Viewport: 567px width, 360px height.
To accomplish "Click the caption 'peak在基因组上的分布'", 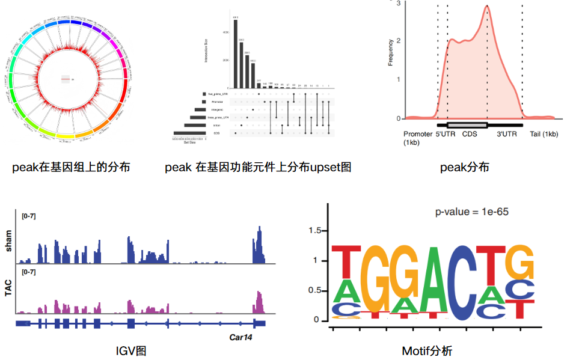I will (71, 167).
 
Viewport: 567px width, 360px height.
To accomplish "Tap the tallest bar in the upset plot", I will (235, 54).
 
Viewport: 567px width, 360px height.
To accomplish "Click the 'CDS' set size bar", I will (189, 133).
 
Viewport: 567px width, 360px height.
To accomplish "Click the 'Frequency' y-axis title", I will (391, 53).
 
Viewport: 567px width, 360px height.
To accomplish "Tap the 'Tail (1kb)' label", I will (544, 134).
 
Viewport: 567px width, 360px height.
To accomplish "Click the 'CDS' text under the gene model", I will (469, 134).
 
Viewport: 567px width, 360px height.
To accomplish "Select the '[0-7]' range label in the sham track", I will (29, 216).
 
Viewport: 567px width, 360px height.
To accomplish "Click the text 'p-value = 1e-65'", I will (473, 212).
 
